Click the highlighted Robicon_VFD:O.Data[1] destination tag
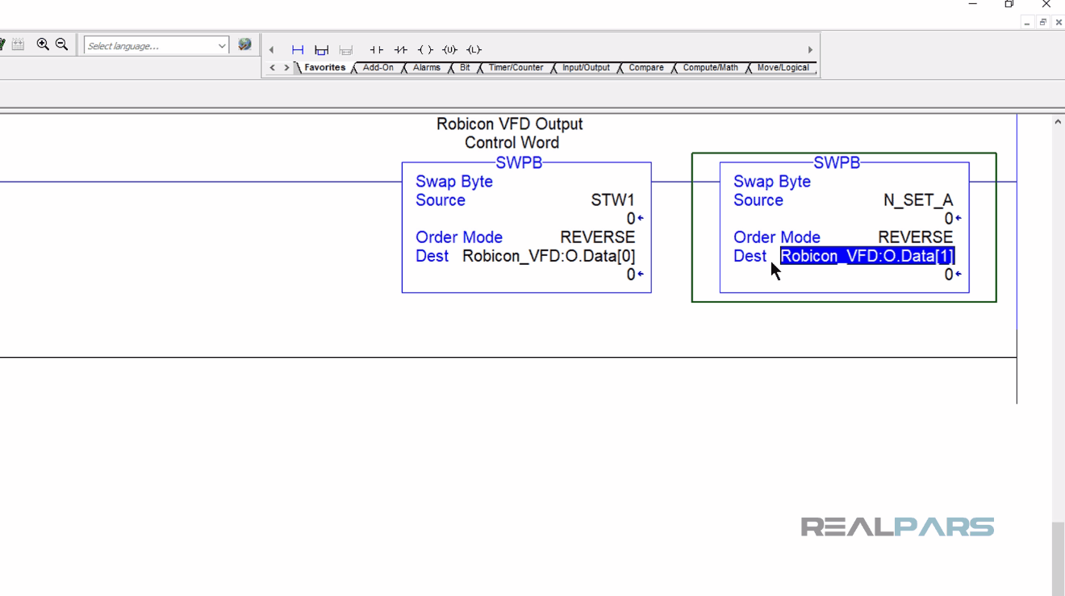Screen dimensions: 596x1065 point(867,256)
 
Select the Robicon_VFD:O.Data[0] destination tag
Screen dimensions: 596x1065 point(549,256)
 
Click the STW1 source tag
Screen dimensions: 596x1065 point(612,200)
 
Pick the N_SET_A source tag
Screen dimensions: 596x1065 point(918,200)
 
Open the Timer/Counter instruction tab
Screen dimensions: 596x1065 point(516,68)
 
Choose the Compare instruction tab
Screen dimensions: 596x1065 point(646,68)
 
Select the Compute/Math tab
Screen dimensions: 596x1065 point(710,68)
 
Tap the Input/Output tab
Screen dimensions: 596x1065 point(586,68)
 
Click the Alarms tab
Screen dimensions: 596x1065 point(426,68)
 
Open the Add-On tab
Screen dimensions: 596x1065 point(378,68)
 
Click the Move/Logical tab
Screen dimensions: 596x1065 point(783,68)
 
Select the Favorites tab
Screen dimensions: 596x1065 point(324,68)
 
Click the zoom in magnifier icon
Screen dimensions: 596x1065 point(43,45)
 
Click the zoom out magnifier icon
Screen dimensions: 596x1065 point(61,45)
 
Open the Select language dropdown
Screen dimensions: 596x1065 point(157,46)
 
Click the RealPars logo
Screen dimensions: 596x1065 point(897,527)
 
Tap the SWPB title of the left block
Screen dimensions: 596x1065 point(519,163)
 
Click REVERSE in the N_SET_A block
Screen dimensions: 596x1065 point(915,237)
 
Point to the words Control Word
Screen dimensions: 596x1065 point(512,143)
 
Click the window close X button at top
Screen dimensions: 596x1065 point(1046,5)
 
